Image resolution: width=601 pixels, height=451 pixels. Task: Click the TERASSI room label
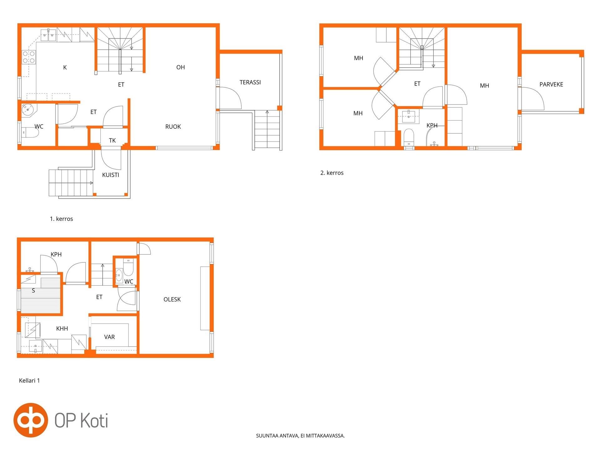[250, 82]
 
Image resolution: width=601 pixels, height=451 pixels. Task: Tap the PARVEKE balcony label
[551, 84]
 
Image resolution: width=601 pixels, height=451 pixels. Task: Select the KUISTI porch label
[110, 175]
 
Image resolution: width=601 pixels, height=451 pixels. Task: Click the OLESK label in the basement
[172, 299]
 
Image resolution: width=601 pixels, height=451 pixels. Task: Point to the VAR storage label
[110, 337]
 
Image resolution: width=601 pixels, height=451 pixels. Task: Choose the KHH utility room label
[62, 329]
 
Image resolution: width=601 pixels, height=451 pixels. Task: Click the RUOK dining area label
[173, 127]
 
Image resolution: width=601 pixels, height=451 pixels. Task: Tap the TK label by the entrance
[112, 140]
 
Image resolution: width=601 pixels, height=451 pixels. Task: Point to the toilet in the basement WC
[129, 267]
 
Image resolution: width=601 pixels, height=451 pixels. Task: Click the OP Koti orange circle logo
[31, 420]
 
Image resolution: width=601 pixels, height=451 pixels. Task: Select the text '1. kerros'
[61, 219]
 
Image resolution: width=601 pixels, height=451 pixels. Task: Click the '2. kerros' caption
[332, 173]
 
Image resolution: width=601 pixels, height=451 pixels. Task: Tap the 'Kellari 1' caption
[29, 381]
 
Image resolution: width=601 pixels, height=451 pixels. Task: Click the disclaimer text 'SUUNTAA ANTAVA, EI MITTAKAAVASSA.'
[300, 436]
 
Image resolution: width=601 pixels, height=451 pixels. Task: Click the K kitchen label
[65, 67]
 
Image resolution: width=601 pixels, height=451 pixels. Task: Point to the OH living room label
[181, 67]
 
